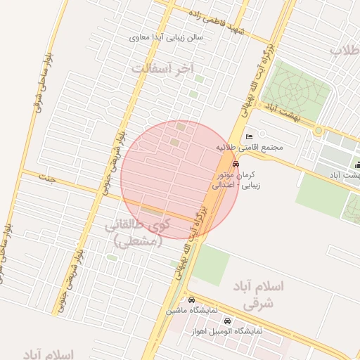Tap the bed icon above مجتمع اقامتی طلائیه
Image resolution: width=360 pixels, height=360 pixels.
tap(249, 136)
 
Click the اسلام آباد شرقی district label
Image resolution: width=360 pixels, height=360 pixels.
tap(262, 295)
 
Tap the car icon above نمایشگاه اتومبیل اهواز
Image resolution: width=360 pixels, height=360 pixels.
tap(226, 321)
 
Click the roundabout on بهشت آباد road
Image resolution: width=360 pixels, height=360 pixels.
tap(319, 131)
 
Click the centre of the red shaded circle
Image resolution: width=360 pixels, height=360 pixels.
tap(179, 179)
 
